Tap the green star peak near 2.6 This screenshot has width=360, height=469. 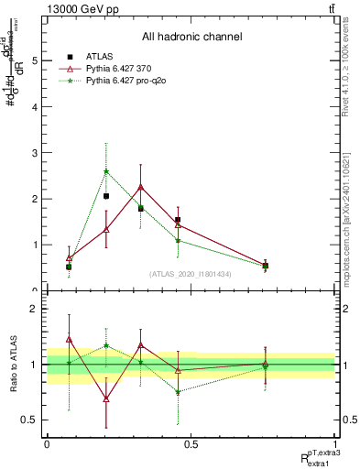(106, 171)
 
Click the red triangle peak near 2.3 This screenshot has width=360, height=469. (140, 187)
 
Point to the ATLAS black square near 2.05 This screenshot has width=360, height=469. (106, 196)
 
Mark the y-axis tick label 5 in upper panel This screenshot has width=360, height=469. (34, 60)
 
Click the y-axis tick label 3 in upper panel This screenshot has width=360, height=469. (34, 153)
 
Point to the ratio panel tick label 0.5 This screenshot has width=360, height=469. (29, 420)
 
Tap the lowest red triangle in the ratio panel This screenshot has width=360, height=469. (106, 398)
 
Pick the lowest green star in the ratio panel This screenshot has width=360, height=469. (178, 391)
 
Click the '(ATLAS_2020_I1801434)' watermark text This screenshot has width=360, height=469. (191, 274)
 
